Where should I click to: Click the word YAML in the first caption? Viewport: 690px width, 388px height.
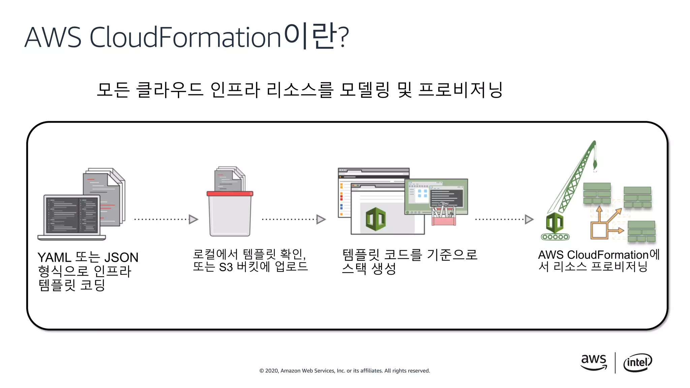point(54,258)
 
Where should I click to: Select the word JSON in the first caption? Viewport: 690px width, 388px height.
point(121,258)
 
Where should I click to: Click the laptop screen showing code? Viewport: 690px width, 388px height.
point(72,215)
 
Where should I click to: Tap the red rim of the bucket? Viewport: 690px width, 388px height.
point(230,194)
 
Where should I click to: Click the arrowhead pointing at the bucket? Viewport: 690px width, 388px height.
point(193,219)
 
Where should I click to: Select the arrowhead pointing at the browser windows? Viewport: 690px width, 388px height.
point(321,219)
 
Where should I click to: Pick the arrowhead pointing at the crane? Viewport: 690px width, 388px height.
point(529,219)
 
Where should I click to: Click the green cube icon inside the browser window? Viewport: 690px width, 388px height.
point(375,219)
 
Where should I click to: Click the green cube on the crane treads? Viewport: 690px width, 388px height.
point(555,223)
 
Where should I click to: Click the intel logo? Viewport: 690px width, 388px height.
point(637,362)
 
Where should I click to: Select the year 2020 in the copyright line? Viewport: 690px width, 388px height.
point(271,371)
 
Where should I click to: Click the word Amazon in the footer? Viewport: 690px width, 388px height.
point(290,371)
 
